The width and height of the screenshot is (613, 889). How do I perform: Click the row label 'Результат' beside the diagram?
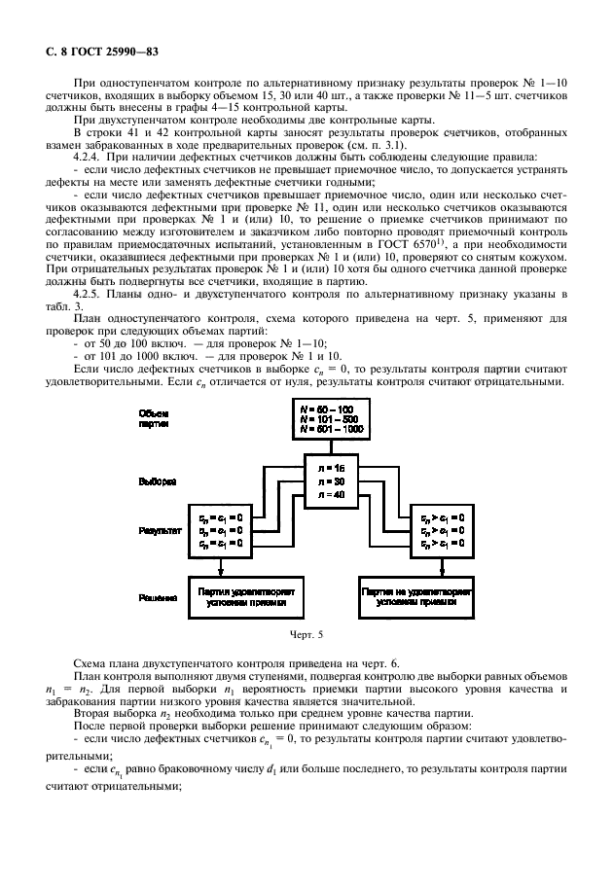coord(159,531)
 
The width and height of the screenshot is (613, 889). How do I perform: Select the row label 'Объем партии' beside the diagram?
coord(154,419)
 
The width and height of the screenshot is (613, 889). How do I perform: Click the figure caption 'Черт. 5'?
coord(306,635)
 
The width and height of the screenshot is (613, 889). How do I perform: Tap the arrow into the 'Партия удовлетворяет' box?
coord(222,569)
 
